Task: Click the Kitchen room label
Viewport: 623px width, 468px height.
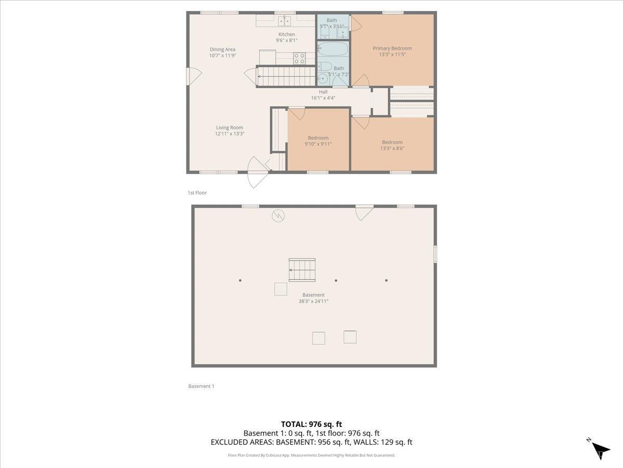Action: coord(286,34)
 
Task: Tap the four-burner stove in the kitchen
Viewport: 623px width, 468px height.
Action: coord(300,58)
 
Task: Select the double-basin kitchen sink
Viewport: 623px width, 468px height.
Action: coord(284,21)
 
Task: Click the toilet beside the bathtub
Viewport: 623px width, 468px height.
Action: coord(324,67)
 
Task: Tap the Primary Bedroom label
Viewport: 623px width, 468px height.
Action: coord(392,48)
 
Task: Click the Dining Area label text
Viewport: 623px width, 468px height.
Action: coord(222,49)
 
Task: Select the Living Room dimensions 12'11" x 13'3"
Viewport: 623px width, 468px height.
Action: coord(229,134)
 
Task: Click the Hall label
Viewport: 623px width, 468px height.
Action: coord(323,92)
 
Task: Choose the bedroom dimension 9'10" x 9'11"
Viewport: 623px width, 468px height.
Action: coord(318,144)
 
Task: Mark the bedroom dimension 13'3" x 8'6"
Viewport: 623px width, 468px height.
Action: coord(392,148)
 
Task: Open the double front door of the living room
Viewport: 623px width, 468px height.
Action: coord(258,172)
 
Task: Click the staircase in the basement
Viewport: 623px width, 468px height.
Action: coord(302,270)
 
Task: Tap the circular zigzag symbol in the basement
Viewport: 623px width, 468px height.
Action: coord(278,215)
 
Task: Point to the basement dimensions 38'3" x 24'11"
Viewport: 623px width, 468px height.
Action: coord(313,301)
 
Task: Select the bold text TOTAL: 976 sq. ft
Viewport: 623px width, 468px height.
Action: coord(311,424)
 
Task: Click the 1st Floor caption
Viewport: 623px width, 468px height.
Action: coord(197,193)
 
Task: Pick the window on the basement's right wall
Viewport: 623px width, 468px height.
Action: coord(435,254)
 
